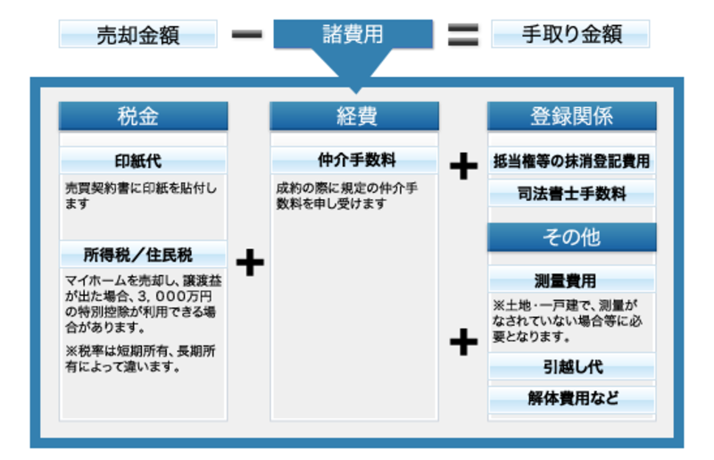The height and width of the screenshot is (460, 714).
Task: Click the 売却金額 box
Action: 138,35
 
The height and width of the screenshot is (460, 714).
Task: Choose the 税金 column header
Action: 143,116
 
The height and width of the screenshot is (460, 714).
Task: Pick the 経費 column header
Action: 354,116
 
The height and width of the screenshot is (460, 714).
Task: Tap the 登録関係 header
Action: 571,116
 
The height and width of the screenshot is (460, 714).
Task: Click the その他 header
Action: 571,237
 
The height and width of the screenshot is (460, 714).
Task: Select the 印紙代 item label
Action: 143,162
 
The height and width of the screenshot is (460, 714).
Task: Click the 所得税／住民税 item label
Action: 143,255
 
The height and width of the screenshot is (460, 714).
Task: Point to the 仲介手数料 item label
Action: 354,162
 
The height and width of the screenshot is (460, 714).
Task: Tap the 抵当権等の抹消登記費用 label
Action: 571,162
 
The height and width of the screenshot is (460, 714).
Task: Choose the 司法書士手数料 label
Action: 571,193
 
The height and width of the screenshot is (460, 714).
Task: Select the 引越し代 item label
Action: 571,367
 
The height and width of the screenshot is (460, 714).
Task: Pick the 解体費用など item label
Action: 571,398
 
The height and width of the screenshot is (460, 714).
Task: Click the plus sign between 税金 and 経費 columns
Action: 251,263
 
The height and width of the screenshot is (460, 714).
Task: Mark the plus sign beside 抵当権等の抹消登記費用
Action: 462,167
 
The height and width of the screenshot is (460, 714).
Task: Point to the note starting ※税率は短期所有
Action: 140,358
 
